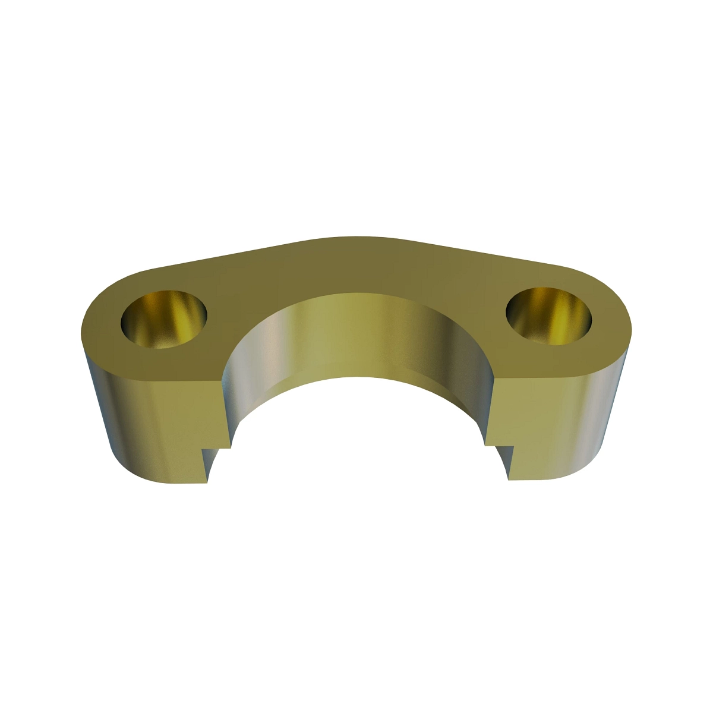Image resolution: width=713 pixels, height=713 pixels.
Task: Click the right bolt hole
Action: pos(549,317)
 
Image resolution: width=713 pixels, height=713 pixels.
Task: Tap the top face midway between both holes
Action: pos(356,267)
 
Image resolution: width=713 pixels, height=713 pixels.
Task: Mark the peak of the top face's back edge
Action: pos(356,236)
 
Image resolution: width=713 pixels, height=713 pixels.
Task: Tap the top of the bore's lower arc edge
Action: pos(356,378)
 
